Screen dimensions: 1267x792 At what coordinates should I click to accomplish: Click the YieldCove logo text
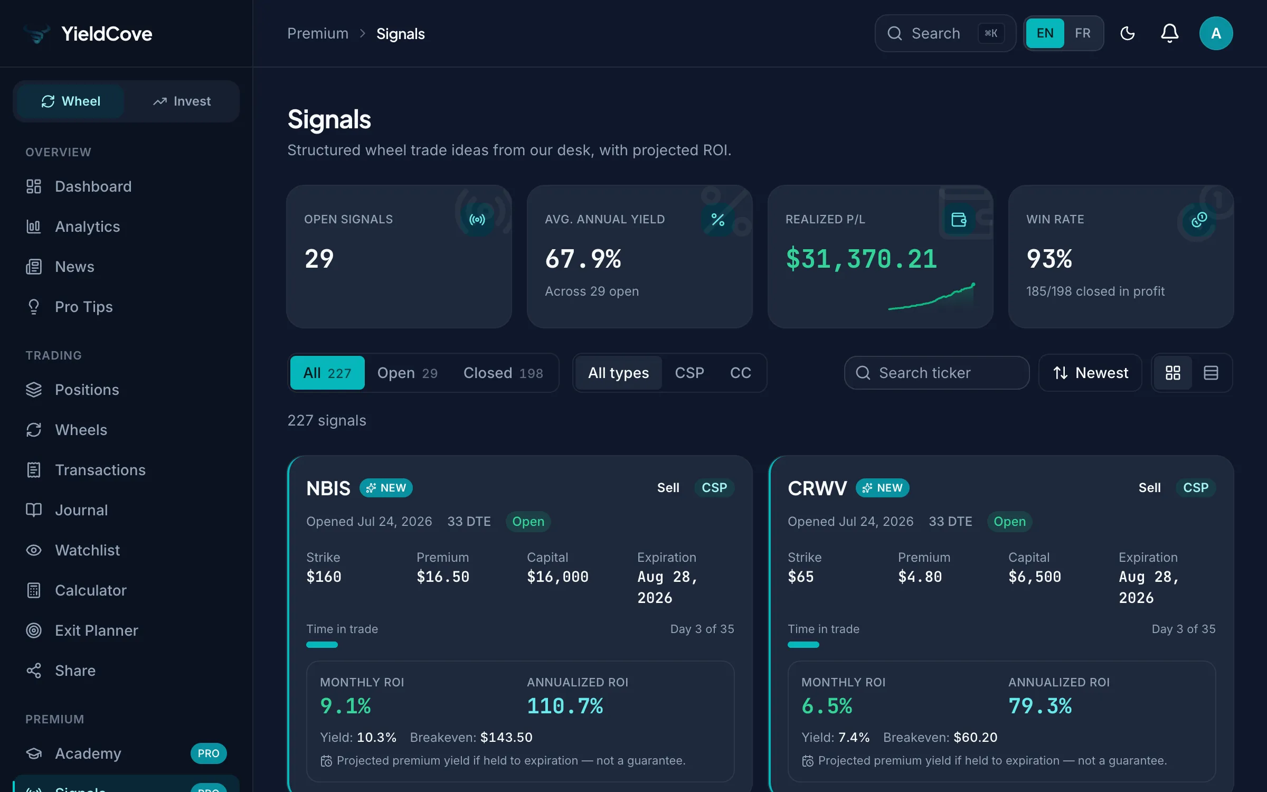(107, 34)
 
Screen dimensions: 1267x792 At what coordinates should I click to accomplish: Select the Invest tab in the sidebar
(182, 101)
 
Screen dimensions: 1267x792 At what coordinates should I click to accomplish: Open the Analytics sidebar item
(87, 227)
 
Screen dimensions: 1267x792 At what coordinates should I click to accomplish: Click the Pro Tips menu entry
(83, 307)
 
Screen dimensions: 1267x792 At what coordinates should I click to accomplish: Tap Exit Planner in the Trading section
(96, 630)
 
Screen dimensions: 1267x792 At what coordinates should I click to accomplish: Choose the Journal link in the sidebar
(81, 510)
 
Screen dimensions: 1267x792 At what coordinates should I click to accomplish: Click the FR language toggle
(1083, 33)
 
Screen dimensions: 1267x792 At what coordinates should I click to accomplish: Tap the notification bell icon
(1169, 33)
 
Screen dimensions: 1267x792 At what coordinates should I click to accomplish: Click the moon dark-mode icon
(1128, 33)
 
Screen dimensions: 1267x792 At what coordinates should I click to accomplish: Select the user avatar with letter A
(1216, 33)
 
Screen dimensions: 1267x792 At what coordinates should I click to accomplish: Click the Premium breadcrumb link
(318, 34)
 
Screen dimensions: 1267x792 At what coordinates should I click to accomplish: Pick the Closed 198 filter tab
(503, 373)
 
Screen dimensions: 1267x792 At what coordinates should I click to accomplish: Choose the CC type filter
(740, 373)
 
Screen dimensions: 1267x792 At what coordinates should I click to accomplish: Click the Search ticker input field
(937, 373)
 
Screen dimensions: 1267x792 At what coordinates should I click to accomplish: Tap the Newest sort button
(1090, 373)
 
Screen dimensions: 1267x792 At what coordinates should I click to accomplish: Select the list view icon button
(1211, 373)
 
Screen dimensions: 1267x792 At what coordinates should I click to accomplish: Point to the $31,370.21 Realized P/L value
(862, 259)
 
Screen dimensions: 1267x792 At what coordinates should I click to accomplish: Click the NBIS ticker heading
(328, 488)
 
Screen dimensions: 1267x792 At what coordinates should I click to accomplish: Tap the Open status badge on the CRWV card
(1009, 522)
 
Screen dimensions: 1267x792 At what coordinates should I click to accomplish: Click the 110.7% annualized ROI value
(565, 706)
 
